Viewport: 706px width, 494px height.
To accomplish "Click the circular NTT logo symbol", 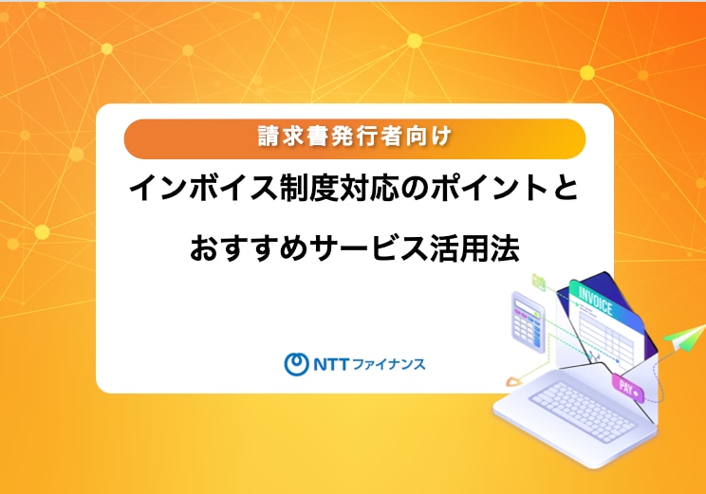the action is pos(296,363).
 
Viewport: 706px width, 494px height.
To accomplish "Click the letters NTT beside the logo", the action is pos(331,364).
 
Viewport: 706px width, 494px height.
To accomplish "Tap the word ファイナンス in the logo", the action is pos(388,364).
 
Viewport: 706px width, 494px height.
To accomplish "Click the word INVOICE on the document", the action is pos(595,301).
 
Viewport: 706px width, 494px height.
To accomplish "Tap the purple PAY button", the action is pos(627,388).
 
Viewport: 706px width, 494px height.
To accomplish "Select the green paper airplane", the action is pos(684,337).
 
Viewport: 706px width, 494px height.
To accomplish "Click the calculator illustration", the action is pos(529,321).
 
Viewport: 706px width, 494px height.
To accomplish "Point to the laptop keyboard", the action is pos(584,412).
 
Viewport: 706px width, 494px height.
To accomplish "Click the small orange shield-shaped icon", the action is pos(512,381).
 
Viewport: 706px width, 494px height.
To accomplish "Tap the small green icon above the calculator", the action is pos(538,282).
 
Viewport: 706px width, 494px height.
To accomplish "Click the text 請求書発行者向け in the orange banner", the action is pos(354,137).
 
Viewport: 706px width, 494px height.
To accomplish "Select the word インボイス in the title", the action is pos(203,188).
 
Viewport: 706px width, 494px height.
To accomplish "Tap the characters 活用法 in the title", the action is pos(475,247).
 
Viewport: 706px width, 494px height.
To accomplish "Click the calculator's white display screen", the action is pos(527,305).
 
